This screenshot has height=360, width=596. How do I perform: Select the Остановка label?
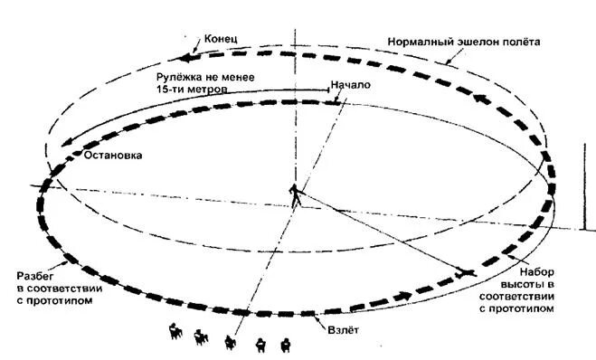pos(112,155)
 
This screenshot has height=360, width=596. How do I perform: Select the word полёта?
pos(527,43)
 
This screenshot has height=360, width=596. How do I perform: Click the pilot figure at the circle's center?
pos(296,193)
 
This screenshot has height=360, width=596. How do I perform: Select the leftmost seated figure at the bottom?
pos(172,332)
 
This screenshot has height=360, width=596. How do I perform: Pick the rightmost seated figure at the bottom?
pos(287,343)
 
